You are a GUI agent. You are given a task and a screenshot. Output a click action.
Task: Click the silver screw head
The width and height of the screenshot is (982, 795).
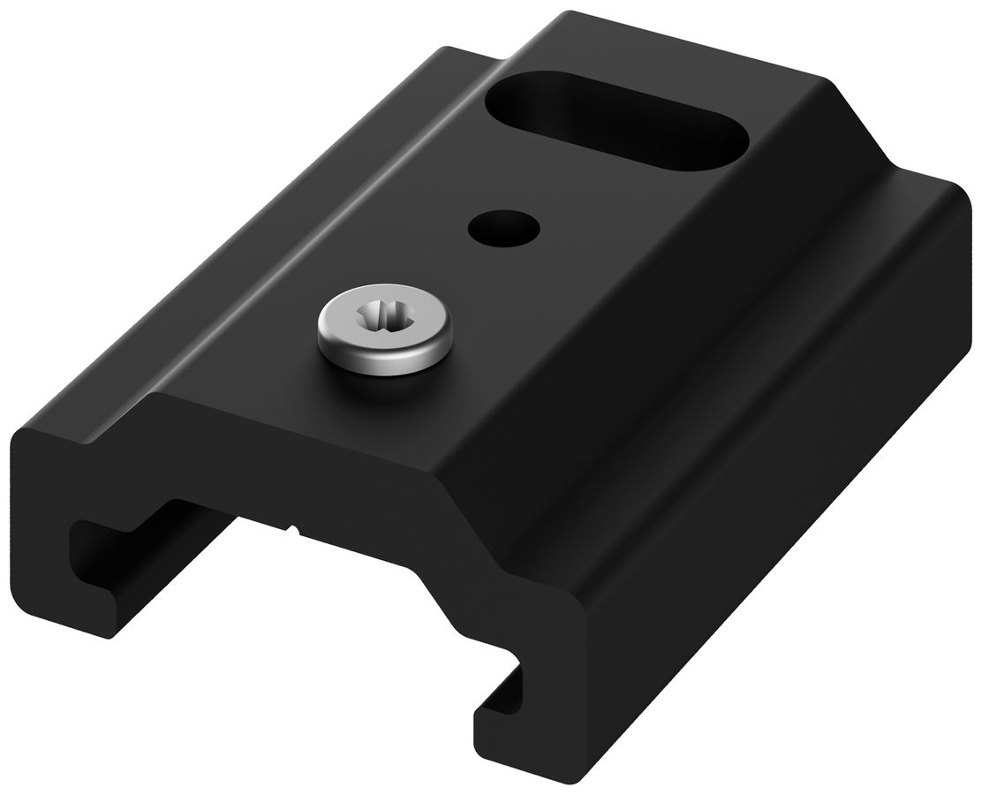385,329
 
